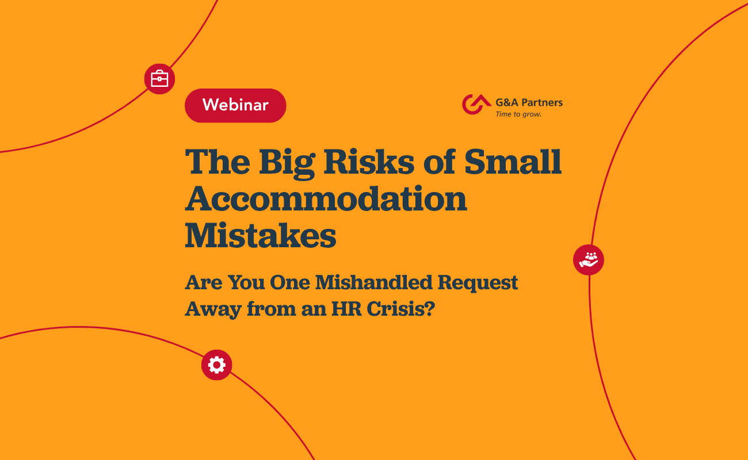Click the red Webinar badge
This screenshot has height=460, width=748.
tap(235, 105)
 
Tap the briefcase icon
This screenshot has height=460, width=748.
tap(159, 79)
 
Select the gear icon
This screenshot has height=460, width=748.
tap(216, 365)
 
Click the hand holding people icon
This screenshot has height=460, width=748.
tap(589, 260)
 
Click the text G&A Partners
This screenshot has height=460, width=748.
tap(529, 102)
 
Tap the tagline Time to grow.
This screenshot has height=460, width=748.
tap(518, 114)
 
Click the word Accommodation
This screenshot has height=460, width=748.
tap(326, 198)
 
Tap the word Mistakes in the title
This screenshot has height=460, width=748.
tap(260, 235)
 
